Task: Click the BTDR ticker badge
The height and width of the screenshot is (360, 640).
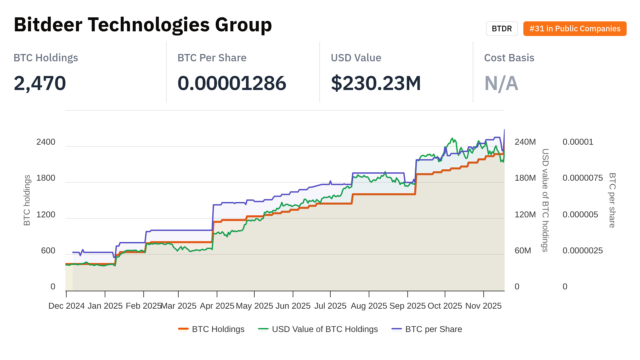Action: coord(502,29)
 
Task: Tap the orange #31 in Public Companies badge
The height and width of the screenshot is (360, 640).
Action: coord(575,29)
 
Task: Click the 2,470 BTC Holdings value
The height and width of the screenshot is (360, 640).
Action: coord(40,83)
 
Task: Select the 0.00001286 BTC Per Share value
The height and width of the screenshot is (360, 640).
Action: coord(232,83)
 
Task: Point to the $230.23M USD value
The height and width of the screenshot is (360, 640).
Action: coord(376,83)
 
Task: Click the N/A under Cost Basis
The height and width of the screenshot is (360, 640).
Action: coord(501,83)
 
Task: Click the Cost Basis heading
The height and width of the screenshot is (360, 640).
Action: coord(509,58)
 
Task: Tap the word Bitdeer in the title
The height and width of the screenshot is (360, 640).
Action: coord(48,25)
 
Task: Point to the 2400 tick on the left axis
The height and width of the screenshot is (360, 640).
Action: coord(46,142)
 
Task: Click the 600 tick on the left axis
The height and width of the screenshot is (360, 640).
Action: coord(48,251)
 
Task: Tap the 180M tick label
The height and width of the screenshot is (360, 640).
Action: coord(525,178)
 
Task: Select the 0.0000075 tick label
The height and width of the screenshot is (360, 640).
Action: coord(582,178)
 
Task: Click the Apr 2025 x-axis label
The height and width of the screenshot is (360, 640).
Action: coord(217,306)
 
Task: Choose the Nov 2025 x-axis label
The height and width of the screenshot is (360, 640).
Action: coord(483,306)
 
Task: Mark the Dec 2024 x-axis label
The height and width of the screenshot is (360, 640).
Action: coord(66,306)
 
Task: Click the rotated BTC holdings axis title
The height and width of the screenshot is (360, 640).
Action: coord(27,200)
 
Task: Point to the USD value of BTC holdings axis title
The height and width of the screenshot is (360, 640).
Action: coord(545,200)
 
